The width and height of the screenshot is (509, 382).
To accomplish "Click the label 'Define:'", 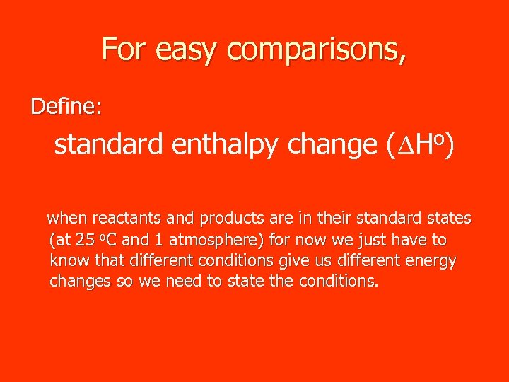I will point(66,107).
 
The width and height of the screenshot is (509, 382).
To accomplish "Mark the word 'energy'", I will point(431,262).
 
